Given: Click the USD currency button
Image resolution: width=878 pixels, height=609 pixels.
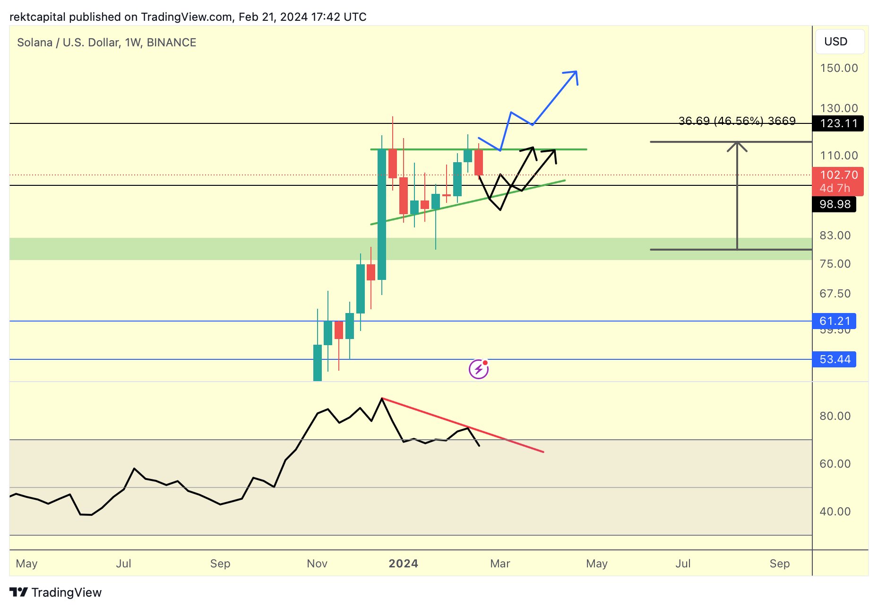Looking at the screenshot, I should click(840, 42).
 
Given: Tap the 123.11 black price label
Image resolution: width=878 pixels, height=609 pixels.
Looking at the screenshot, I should click(838, 123).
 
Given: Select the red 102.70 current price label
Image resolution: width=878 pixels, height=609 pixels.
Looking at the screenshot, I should click(838, 175).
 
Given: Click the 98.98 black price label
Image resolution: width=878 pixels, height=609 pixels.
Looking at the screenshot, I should click(835, 204).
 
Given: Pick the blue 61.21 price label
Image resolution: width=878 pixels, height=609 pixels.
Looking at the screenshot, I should click(835, 321).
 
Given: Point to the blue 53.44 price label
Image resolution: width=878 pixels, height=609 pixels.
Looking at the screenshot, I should click(835, 359).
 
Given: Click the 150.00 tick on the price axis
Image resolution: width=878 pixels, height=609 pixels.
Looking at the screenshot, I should click(838, 68).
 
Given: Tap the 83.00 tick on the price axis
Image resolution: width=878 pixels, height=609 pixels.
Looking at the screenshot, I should click(835, 235).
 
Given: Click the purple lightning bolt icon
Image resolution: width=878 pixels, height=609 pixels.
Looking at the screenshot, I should click(478, 369).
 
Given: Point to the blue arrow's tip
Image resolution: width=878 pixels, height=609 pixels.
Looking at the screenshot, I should click(576, 72).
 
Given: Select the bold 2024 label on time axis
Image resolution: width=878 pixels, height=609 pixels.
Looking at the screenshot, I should click(403, 564).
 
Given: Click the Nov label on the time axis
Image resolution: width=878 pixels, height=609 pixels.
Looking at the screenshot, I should click(317, 564).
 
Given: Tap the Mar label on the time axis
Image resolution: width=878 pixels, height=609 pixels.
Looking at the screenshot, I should click(500, 564).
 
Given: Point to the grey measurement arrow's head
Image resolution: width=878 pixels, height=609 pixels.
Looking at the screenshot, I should click(737, 143).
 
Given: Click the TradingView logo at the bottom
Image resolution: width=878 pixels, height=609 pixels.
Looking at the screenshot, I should click(56, 592).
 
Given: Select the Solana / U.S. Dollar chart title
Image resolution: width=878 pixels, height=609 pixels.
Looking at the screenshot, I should click(106, 43).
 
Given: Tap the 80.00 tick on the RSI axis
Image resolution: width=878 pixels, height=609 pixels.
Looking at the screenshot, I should click(835, 416).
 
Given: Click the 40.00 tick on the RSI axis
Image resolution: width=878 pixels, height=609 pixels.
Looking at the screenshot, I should click(835, 512).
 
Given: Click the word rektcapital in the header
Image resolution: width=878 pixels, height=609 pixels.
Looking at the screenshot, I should click(37, 17).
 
